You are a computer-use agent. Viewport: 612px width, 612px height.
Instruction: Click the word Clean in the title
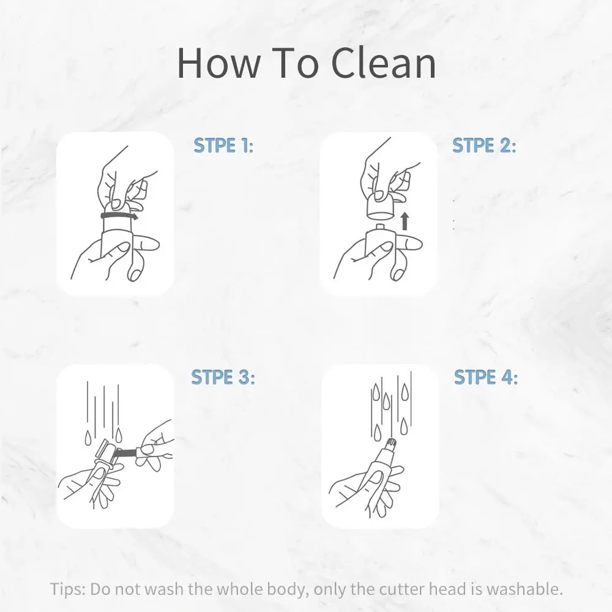(384, 63)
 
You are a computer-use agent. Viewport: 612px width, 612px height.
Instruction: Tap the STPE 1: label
(223, 145)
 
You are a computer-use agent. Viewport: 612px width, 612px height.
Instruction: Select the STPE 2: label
(484, 145)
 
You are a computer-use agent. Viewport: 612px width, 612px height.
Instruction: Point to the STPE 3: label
(223, 378)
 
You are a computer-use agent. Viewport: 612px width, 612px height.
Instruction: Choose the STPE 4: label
(486, 378)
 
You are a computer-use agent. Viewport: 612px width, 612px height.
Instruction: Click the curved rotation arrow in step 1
(119, 215)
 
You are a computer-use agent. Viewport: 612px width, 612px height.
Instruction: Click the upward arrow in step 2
(405, 221)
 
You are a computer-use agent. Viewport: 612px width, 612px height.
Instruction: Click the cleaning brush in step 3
(124, 452)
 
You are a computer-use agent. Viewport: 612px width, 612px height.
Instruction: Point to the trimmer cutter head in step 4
(392, 445)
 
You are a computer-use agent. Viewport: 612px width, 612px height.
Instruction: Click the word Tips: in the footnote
(68, 589)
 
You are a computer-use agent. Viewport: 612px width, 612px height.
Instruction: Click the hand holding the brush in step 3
(155, 446)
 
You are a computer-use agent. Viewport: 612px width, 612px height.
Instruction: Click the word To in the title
(295, 63)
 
